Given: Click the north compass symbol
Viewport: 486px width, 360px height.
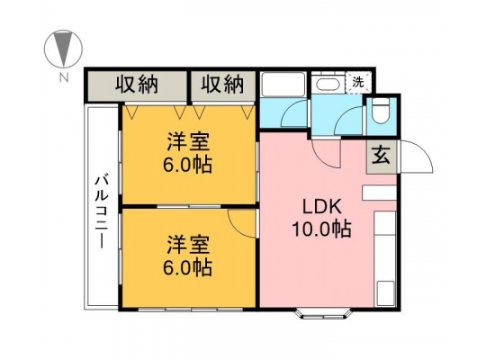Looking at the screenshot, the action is tap(64, 49).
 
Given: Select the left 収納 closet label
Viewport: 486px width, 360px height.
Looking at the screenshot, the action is tap(137, 84).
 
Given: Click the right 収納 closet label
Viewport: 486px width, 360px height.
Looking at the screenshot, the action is tap(222, 84).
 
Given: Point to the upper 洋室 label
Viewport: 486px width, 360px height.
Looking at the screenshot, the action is tap(188, 141).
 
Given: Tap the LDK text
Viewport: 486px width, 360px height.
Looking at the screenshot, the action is tap(322, 207).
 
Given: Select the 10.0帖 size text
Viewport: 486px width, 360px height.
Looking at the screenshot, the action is tap(321, 229).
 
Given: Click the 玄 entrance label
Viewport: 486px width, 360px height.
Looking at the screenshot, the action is tap(381, 157).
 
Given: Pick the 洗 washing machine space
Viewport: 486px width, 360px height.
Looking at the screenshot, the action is tap(358, 83).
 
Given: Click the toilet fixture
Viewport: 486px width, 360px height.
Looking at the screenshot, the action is tap(381, 111).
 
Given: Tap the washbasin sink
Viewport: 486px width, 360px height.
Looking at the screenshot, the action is tap(328, 84).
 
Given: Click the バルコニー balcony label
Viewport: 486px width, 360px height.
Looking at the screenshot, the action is tap(102, 211).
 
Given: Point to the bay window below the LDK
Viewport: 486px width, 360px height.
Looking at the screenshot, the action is tap(323, 314).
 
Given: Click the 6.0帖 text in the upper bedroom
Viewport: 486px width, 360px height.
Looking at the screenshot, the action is tap(188, 165).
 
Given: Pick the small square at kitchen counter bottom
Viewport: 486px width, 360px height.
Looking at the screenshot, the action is tap(386, 293).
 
